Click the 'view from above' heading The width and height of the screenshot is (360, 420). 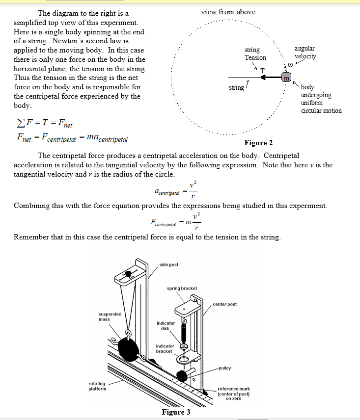[228, 12]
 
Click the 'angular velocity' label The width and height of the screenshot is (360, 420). [305, 52]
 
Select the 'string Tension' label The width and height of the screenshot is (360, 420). [255, 54]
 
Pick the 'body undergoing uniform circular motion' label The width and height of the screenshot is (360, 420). [321, 99]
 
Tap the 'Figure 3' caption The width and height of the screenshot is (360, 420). [176, 412]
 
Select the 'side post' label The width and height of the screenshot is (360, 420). [169, 264]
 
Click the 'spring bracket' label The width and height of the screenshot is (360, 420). [182, 288]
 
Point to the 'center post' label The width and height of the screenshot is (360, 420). [225, 304]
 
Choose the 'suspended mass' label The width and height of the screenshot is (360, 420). [107, 316]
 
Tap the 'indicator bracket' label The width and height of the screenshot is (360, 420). [165, 348]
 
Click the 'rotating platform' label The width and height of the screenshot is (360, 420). [96, 386]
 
